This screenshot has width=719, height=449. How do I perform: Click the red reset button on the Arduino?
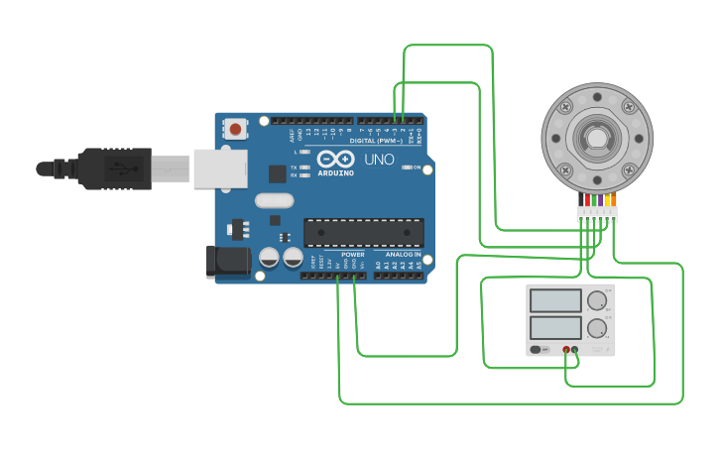click(x=235, y=129)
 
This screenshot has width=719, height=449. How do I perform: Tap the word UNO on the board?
click(x=379, y=160)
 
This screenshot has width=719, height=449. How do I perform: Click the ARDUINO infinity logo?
click(x=335, y=160)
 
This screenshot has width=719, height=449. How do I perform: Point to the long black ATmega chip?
click(x=363, y=233)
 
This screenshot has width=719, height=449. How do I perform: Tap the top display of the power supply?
click(x=555, y=300)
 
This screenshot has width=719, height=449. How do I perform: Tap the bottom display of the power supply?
click(x=555, y=327)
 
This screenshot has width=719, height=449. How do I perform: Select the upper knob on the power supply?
click(x=596, y=300)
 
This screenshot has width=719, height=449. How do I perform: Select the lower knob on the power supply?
click(x=596, y=328)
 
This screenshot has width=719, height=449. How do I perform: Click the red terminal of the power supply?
click(x=566, y=350)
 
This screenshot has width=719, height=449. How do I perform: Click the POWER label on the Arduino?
click(x=353, y=255)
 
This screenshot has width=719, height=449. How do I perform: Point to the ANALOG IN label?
click(x=404, y=255)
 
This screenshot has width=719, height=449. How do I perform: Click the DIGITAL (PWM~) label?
click(x=376, y=141)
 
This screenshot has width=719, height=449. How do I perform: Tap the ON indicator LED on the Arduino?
click(x=407, y=168)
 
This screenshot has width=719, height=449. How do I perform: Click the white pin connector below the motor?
click(x=597, y=213)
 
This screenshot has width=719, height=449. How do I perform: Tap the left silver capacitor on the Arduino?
click(x=269, y=258)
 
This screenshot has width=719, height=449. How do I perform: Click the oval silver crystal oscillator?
click(x=274, y=201)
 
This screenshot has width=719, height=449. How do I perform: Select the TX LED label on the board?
click(x=295, y=168)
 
